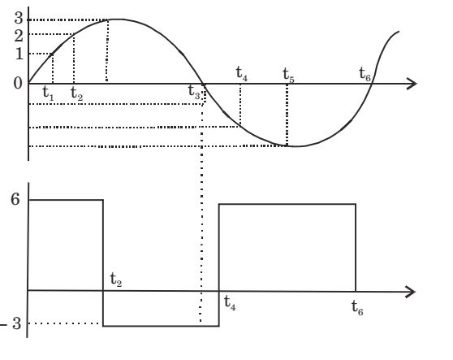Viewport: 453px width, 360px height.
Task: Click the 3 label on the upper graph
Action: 19,18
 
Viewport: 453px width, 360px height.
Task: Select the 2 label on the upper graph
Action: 19,36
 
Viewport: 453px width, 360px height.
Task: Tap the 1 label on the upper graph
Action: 19,54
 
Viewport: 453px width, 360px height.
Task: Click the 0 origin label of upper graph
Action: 18,83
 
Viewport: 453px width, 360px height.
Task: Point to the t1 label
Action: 48,93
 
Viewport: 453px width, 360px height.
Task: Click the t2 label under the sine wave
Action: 76,93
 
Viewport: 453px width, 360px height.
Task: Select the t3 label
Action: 194,91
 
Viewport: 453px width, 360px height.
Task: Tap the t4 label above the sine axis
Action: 242,73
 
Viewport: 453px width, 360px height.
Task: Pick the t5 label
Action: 288,75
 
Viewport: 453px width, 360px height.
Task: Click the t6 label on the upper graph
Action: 365,74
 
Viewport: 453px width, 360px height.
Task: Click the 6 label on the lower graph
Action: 15,199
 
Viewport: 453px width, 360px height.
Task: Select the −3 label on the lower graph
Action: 11,323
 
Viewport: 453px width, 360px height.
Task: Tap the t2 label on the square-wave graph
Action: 116,280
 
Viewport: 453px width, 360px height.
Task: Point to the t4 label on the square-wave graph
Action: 230,303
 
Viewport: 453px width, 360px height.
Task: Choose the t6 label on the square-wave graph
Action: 357,308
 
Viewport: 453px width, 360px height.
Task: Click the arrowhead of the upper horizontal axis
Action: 412,84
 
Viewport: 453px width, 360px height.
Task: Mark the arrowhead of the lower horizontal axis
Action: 411,292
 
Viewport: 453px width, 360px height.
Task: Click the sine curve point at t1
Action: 52,54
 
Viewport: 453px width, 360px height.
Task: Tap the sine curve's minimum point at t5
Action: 287,145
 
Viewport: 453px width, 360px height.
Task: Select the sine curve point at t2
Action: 74,34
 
